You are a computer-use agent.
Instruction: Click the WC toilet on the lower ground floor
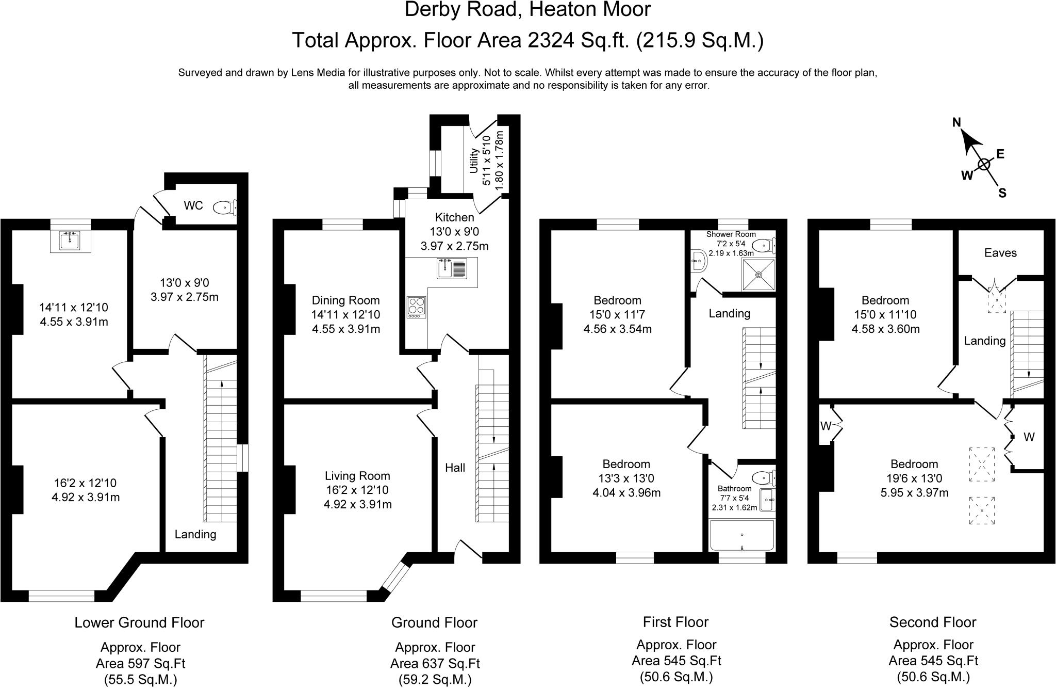click(224, 207)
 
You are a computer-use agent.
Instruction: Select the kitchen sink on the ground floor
click(452, 268)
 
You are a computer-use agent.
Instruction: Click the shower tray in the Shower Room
click(758, 275)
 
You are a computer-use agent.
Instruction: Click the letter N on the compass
click(956, 122)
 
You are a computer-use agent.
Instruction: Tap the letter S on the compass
click(1002, 193)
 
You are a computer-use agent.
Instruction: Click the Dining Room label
click(345, 300)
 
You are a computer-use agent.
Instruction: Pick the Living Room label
click(357, 476)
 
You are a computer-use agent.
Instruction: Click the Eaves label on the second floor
click(1000, 253)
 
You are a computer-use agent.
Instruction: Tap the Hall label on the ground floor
click(455, 468)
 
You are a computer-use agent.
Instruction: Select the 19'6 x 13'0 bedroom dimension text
click(914, 478)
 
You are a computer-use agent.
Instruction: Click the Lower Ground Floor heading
click(139, 622)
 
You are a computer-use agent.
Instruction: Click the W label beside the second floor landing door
click(1029, 437)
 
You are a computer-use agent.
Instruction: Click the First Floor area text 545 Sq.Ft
click(676, 661)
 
